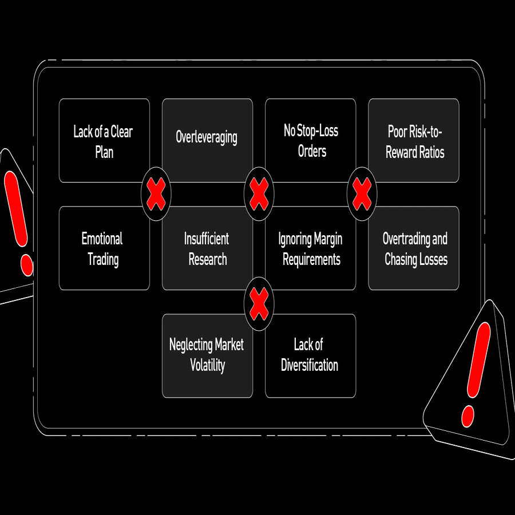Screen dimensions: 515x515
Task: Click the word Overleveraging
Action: click(x=207, y=137)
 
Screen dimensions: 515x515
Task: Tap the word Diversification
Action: click(x=310, y=365)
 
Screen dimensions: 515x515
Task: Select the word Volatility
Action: click(x=207, y=365)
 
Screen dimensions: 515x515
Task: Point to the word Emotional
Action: click(x=102, y=239)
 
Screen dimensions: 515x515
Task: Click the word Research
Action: click(x=208, y=259)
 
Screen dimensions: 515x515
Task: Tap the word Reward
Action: click(x=401, y=152)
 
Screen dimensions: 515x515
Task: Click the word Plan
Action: click(x=104, y=152)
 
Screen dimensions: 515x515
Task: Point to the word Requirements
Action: click(x=311, y=259)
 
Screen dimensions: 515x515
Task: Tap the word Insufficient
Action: click(x=207, y=239)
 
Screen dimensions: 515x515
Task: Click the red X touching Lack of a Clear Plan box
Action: click(x=156, y=194)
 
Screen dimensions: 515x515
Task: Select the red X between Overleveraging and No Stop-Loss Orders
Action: click(x=259, y=194)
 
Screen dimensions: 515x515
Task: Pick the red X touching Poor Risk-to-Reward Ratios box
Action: click(x=362, y=194)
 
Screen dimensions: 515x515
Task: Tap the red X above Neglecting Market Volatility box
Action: click(x=259, y=303)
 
